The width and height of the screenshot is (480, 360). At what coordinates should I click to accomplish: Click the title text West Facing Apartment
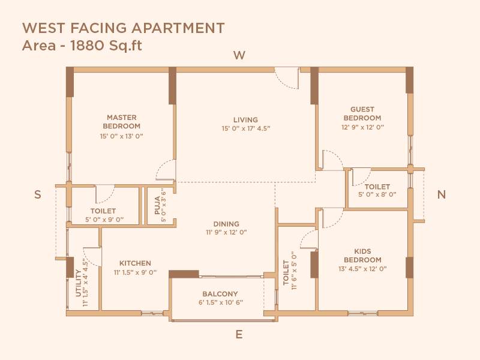[x=124, y=28]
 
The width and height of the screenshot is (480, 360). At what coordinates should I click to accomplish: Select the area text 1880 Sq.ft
[x=82, y=46]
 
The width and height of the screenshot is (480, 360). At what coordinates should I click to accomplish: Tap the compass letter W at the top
[x=239, y=56]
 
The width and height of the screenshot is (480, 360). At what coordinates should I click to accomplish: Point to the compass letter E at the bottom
[x=239, y=335]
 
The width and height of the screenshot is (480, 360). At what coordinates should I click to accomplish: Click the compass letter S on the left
[x=37, y=194]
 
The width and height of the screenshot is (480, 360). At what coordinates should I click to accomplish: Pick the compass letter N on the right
[x=442, y=194]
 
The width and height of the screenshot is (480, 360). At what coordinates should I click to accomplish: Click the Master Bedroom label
[x=122, y=122]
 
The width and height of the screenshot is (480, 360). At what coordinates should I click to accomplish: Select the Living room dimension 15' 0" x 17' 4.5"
[x=246, y=128]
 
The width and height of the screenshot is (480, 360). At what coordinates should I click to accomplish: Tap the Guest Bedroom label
[x=362, y=114]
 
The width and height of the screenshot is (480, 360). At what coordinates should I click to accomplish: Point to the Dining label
[x=226, y=224]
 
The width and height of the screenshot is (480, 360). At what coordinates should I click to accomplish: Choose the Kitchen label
[x=135, y=263]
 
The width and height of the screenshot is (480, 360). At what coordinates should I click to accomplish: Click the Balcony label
[x=220, y=294]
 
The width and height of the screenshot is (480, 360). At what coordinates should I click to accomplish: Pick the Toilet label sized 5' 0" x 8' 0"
[x=377, y=187]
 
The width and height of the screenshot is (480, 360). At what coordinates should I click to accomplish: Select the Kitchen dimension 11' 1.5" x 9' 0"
[x=135, y=272]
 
